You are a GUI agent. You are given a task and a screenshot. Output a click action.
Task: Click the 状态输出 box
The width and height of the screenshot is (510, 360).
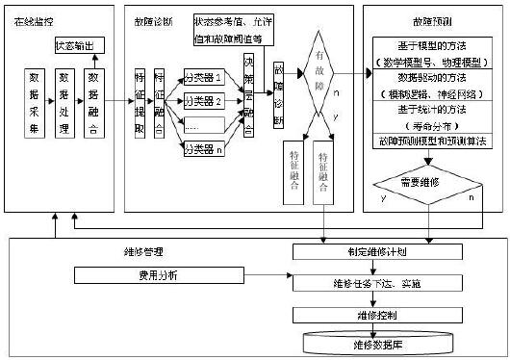point(76,44)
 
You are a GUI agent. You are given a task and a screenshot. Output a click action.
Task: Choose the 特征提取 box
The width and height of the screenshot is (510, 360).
point(140,101)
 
